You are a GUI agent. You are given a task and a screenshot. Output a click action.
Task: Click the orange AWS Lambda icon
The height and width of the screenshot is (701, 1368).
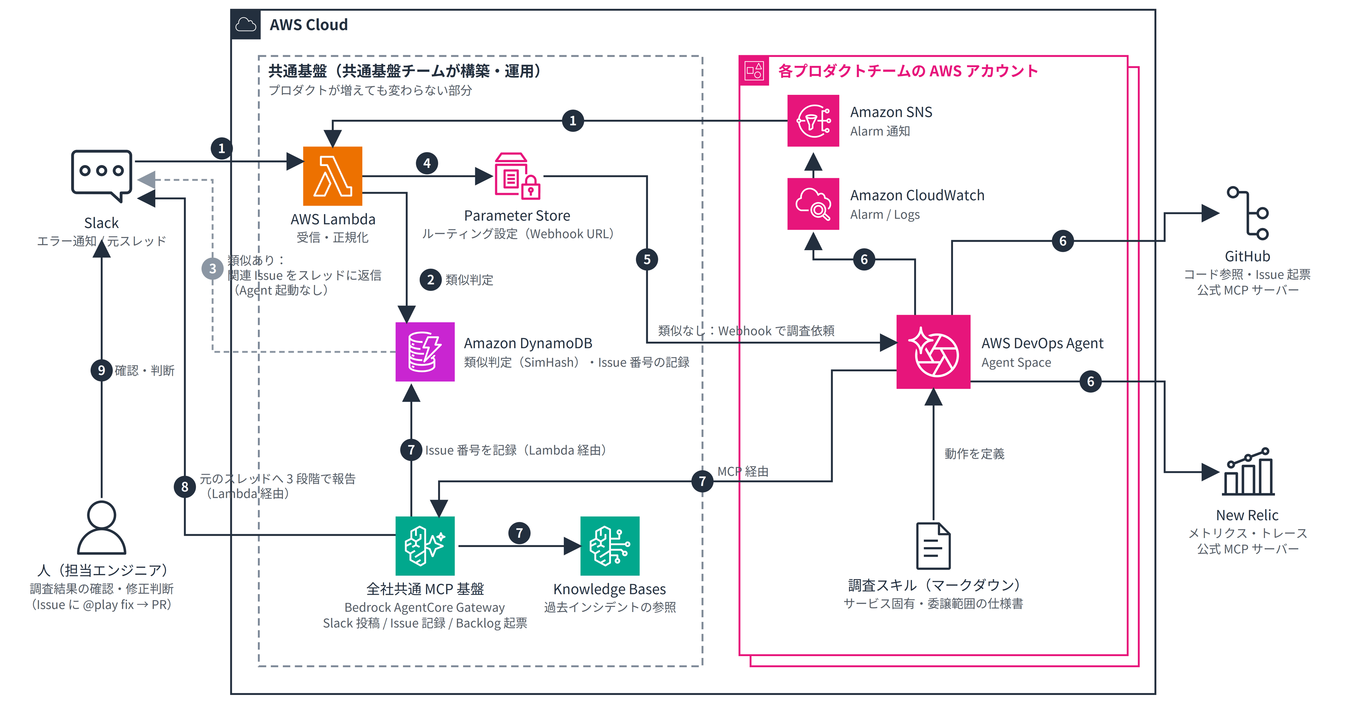tap(332, 176)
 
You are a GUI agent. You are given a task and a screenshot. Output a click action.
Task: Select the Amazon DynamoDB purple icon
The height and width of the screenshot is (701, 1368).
tap(425, 351)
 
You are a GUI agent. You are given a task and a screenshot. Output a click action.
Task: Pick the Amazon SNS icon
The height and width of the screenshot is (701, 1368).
tap(813, 120)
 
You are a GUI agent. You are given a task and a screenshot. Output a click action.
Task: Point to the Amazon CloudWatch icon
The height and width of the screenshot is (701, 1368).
tap(813, 204)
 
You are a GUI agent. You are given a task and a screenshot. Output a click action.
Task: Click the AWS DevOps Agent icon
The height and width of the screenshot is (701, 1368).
tap(933, 351)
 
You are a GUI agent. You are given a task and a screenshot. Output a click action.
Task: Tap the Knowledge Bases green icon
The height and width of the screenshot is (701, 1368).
tap(610, 546)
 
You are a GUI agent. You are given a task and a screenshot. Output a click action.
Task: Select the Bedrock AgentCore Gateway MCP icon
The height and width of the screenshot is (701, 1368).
tap(425, 546)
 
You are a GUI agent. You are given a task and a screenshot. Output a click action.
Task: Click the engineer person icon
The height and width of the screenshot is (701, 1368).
tap(102, 527)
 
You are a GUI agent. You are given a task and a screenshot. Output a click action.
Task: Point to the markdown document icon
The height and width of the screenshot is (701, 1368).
tap(933, 546)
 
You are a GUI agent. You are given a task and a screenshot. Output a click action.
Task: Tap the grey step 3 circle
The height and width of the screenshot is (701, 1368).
tap(212, 269)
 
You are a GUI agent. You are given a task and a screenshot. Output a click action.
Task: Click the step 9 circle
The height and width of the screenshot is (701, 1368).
tap(102, 370)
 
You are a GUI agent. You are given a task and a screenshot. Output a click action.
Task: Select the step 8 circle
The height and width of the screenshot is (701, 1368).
tap(185, 486)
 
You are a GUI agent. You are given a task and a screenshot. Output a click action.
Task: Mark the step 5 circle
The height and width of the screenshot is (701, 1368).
tap(647, 259)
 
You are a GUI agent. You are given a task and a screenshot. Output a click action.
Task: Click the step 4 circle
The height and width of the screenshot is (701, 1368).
tap(427, 163)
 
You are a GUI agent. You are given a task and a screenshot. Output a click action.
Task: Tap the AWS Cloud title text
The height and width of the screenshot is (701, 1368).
tap(309, 25)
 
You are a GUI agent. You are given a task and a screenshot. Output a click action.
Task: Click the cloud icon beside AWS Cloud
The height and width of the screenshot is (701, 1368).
tap(245, 25)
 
